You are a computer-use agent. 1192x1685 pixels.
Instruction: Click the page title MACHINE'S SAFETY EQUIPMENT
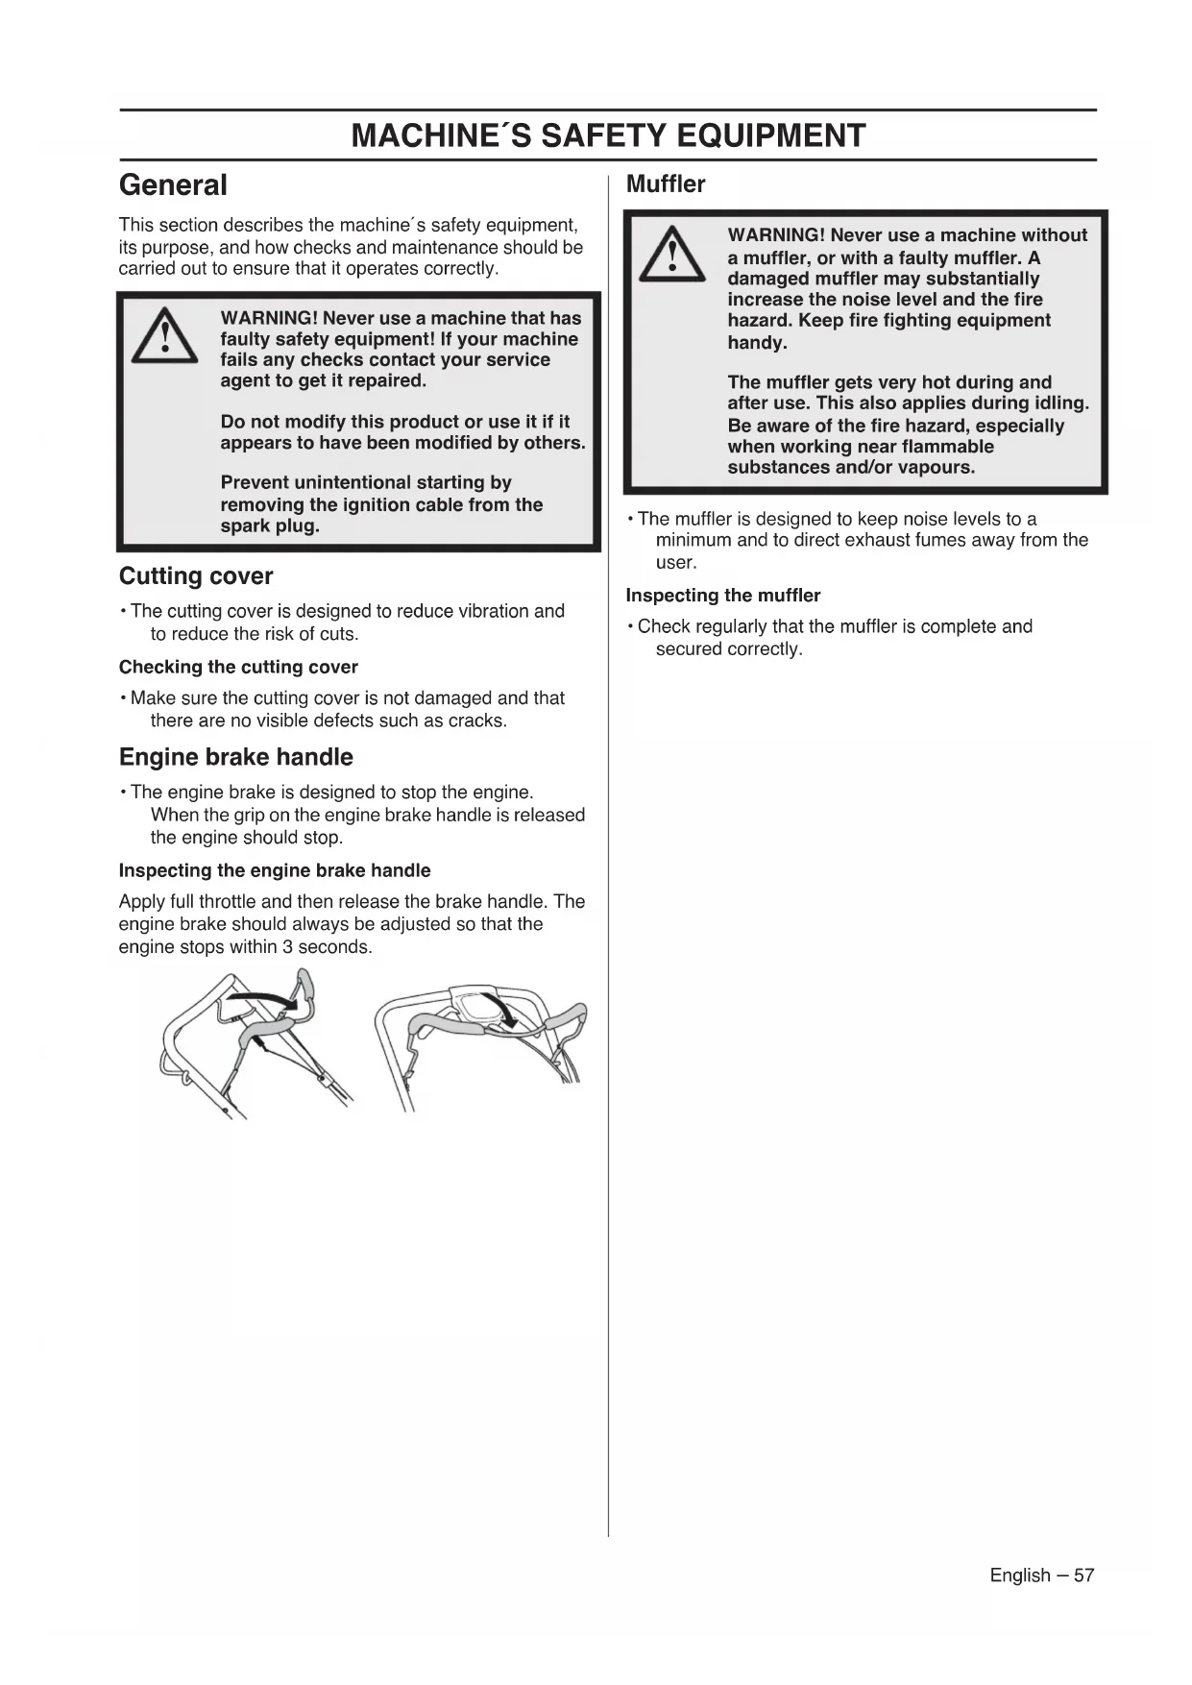(x=608, y=135)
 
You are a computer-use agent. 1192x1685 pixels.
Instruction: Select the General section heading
(x=173, y=184)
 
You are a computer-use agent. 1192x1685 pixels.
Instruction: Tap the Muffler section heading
(x=665, y=183)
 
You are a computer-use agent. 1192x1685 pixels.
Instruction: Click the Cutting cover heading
(x=196, y=575)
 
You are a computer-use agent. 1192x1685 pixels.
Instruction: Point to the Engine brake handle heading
(x=235, y=757)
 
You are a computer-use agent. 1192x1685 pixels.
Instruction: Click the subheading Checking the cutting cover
(x=238, y=667)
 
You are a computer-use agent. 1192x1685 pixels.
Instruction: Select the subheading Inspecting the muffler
(x=722, y=596)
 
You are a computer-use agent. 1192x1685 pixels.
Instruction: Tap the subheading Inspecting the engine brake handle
(x=275, y=870)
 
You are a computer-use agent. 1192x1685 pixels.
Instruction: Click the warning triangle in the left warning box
(x=164, y=336)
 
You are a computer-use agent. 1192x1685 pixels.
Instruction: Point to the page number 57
(x=1083, y=1575)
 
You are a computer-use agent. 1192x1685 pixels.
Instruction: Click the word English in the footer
(x=1020, y=1575)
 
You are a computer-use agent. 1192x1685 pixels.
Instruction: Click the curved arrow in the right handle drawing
(x=501, y=1009)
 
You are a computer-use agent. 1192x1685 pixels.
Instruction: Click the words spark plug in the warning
(x=270, y=526)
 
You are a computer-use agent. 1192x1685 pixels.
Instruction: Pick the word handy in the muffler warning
(x=757, y=343)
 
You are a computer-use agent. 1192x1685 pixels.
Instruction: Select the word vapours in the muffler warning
(x=933, y=468)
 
